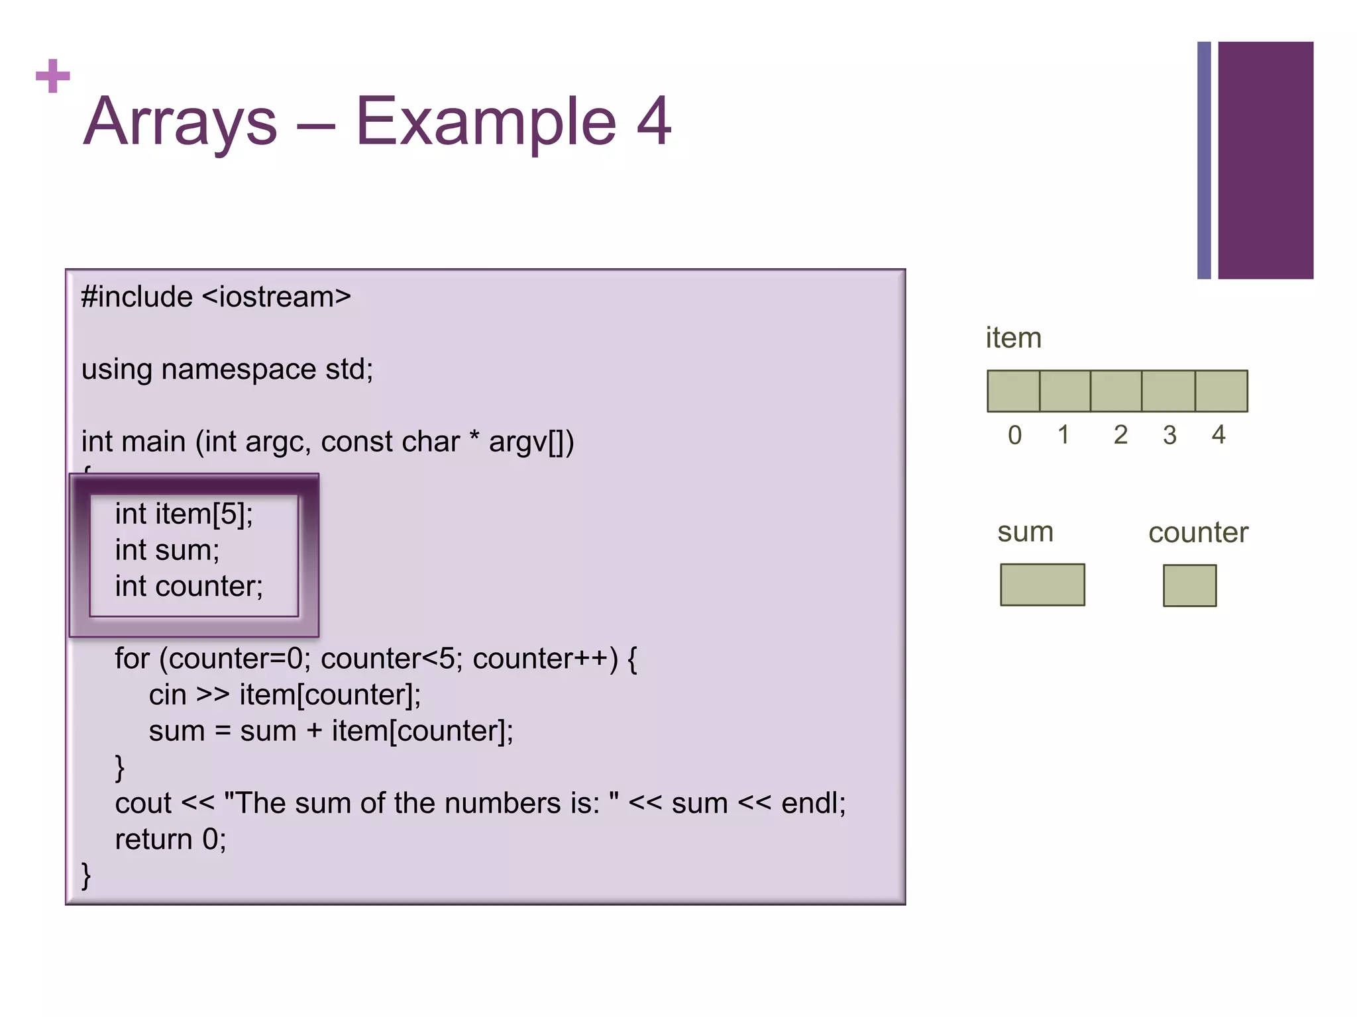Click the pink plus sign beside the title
[53, 76]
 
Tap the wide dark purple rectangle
[1265, 160]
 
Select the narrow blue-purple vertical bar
[1204, 160]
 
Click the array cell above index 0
[1013, 391]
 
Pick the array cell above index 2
[1116, 391]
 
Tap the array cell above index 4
[1221, 391]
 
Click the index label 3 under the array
[1169, 436]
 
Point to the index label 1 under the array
[1063, 436]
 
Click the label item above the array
[1013, 338]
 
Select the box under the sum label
[1042, 585]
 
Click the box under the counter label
[1189, 585]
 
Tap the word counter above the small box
[1198, 533]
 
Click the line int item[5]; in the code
[184, 514]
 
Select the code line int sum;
[167, 550]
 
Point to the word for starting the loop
[132, 659]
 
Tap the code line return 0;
[170, 840]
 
